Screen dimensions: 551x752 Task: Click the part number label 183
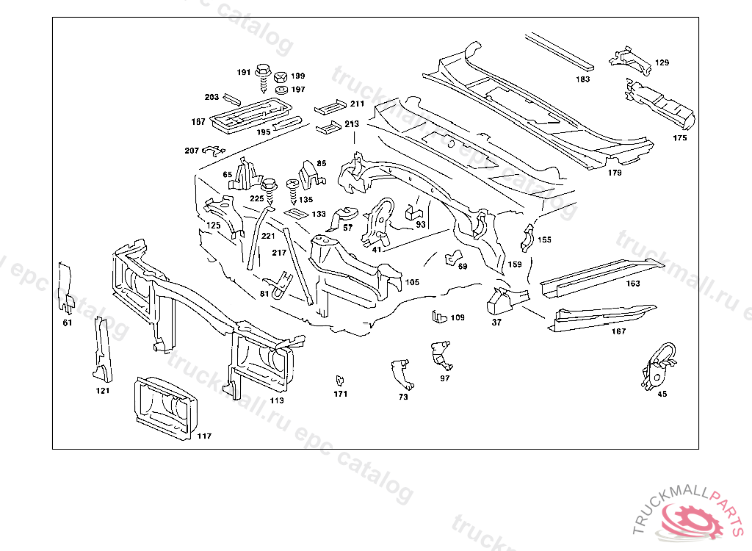pyautogui.click(x=582, y=79)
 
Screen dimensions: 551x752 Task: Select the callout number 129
pyautogui.click(x=662, y=63)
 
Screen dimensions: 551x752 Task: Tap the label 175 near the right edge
pyautogui.click(x=680, y=137)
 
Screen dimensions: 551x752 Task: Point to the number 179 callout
pyautogui.click(x=615, y=173)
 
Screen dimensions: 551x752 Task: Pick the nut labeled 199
pyautogui.click(x=280, y=76)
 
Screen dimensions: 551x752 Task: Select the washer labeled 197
pyautogui.click(x=280, y=90)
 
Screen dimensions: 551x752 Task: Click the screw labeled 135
pyautogui.click(x=294, y=192)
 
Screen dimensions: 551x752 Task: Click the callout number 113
pyautogui.click(x=277, y=400)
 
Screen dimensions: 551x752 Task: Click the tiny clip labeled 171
pyautogui.click(x=339, y=381)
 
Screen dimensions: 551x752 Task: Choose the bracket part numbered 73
pyautogui.click(x=401, y=373)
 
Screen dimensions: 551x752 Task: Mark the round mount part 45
pyautogui.click(x=657, y=365)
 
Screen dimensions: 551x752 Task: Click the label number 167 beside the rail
pyautogui.click(x=618, y=331)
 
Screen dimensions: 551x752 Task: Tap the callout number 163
pyautogui.click(x=632, y=284)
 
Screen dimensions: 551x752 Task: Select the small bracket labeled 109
pyautogui.click(x=439, y=316)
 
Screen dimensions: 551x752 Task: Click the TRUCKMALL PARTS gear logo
pyautogui.click(x=690, y=518)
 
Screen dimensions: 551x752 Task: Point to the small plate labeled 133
pyautogui.click(x=295, y=214)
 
